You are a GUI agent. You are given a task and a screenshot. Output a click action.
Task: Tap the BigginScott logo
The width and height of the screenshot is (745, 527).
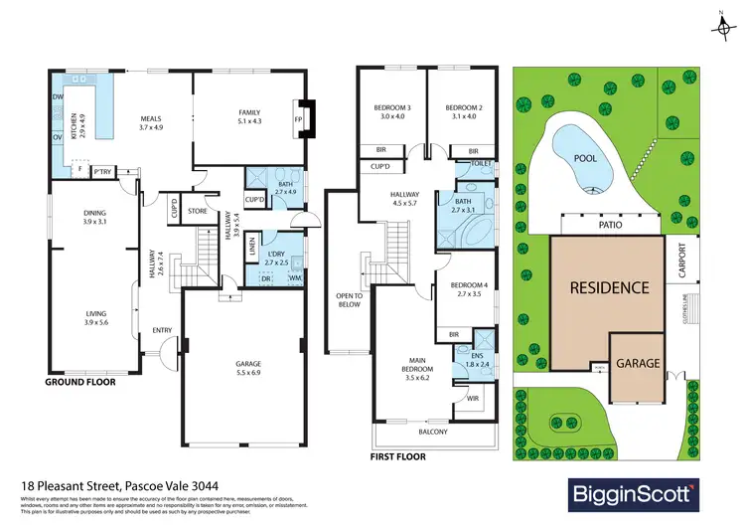633,492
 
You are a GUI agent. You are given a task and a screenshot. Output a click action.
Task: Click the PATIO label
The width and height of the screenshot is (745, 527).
610,226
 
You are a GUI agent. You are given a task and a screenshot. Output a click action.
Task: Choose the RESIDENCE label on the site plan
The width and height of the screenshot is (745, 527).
609,288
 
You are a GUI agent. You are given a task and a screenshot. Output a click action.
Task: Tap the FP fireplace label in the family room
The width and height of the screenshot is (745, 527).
298,118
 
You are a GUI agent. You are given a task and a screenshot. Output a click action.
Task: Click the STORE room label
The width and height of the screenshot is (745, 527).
197,211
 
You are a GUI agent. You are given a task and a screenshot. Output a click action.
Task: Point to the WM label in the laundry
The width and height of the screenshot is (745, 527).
294,277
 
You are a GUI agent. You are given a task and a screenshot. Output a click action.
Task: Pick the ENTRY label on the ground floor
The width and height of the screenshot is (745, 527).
162,331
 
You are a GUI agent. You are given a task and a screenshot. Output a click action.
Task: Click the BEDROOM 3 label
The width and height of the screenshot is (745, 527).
394,107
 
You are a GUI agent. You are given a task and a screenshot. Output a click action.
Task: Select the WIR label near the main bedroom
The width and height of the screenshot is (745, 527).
474,401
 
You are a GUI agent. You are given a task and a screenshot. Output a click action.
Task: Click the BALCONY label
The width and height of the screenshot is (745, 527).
432,432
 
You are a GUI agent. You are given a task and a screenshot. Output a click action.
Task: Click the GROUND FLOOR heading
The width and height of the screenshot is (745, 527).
81,381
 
